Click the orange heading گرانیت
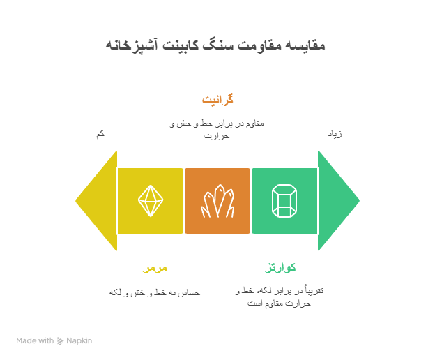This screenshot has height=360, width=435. click(x=217, y=100)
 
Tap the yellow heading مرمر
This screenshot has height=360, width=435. click(x=155, y=268)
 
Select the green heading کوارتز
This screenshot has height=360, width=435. click(x=281, y=268)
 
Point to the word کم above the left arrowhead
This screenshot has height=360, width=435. click(x=100, y=133)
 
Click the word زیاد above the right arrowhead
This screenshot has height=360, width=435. click(x=335, y=133)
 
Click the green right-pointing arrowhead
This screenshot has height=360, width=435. click(x=337, y=201)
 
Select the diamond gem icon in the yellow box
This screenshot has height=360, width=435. click(x=151, y=201)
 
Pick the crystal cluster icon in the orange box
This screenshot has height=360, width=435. click(x=217, y=202)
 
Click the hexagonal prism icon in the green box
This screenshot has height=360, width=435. click(x=284, y=201)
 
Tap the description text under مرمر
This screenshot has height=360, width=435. click(x=155, y=292)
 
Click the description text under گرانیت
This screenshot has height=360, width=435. click(x=217, y=129)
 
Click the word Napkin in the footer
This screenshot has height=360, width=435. click(x=79, y=341)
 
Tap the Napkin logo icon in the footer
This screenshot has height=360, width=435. click(x=61, y=341)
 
